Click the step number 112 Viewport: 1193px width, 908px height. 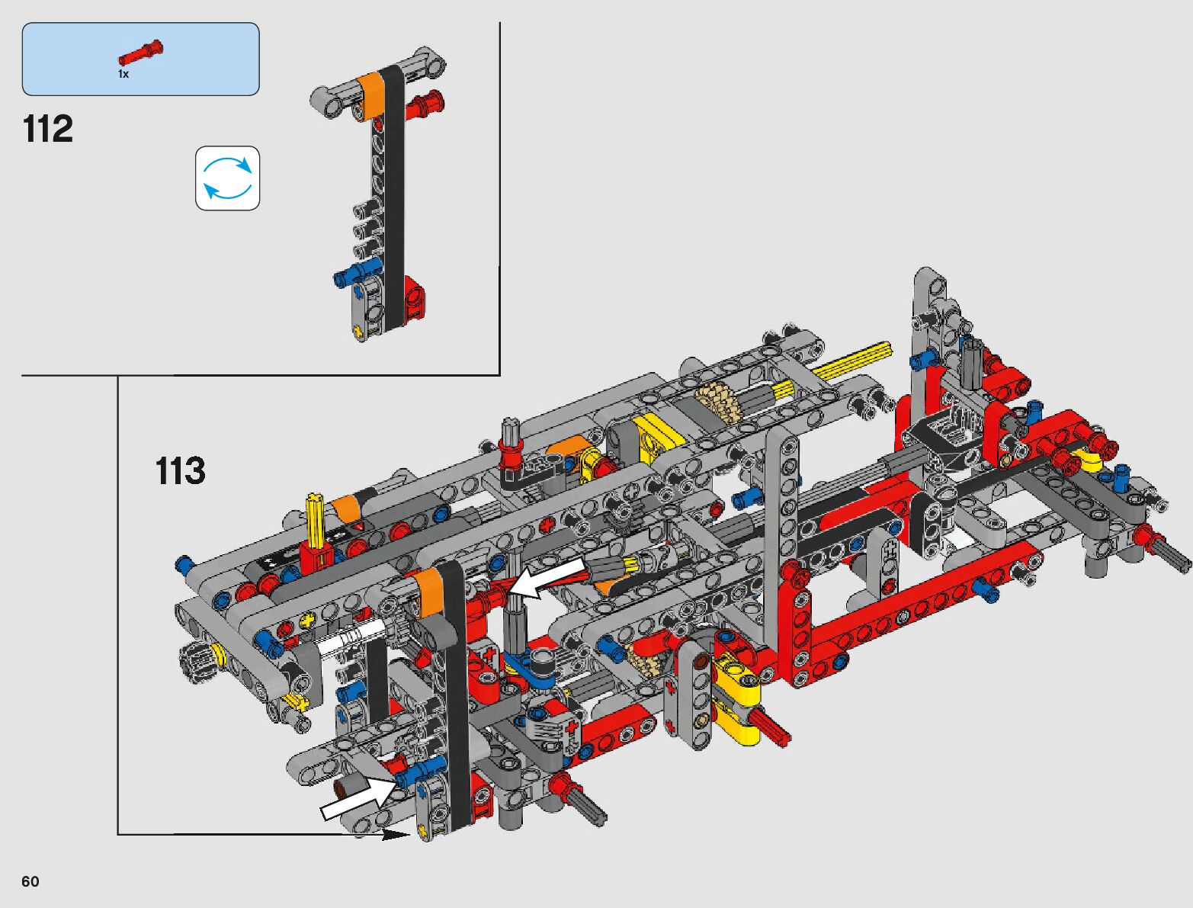click(48, 130)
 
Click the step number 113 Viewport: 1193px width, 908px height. click(181, 470)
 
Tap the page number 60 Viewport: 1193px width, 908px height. click(30, 881)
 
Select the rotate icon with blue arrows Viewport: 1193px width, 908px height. click(228, 178)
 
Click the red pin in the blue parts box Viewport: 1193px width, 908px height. click(141, 53)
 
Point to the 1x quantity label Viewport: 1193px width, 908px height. click(123, 74)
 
